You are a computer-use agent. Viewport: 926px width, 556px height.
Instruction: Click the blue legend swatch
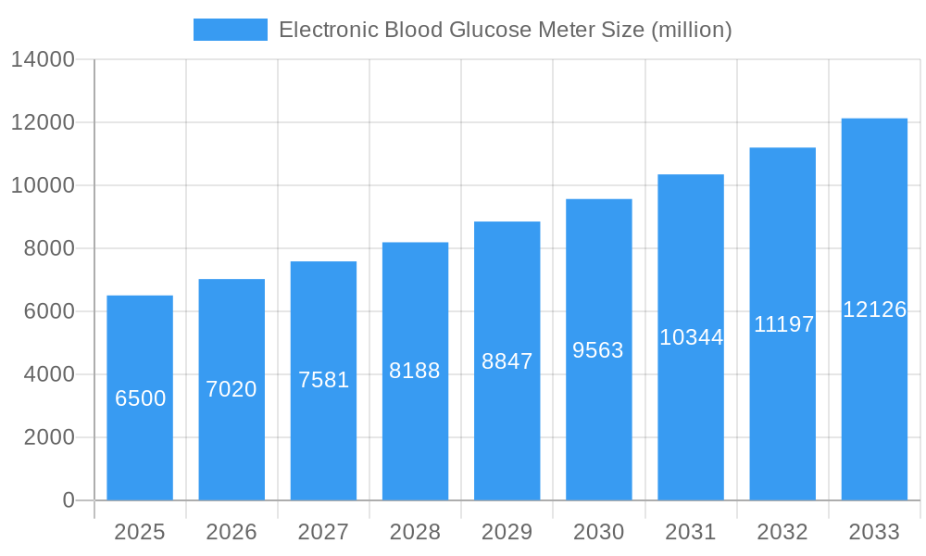tap(230, 30)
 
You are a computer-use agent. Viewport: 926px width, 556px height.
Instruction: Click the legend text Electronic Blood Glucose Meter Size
tap(505, 30)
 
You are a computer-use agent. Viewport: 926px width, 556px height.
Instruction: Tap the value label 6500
tap(140, 398)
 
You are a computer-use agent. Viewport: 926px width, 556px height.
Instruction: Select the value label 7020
tap(231, 389)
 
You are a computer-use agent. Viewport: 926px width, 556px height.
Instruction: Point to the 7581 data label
tap(323, 380)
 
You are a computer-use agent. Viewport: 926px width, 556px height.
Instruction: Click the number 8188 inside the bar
tap(415, 371)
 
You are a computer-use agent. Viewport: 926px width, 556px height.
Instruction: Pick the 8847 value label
tap(507, 361)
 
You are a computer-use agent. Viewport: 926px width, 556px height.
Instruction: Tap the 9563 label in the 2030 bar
tap(598, 350)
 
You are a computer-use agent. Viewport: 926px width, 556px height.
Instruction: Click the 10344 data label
tap(691, 337)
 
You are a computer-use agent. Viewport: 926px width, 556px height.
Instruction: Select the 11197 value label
tap(783, 324)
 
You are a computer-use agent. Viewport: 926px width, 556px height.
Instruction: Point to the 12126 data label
tap(874, 310)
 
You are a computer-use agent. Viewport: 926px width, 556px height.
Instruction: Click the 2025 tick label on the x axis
tap(140, 532)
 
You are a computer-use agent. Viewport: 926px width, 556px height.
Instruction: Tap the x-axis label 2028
tap(415, 532)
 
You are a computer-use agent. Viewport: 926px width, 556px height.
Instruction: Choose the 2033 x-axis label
tap(874, 532)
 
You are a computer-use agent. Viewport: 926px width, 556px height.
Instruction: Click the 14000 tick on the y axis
tap(43, 60)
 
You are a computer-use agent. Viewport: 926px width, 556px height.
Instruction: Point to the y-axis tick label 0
tap(69, 500)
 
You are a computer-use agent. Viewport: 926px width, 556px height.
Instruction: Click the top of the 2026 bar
tap(231, 280)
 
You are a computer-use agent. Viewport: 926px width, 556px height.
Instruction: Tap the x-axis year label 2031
tap(691, 532)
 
